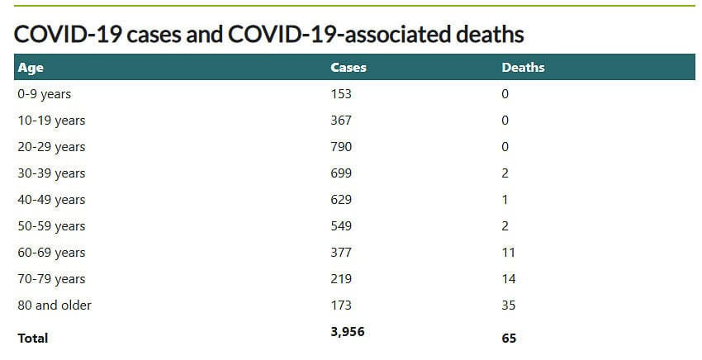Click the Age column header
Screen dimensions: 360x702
pyautogui.click(x=31, y=68)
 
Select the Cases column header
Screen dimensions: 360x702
pyautogui.click(x=348, y=68)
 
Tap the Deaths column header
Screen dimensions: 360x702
pyautogui.click(x=523, y=68)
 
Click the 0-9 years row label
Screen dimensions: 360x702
pyautogui.click(x=45, y=94)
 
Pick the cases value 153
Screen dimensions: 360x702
pyautogui.click(x=341, y=94)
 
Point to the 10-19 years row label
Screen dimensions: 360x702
pyautogui.click(x=51, y=121)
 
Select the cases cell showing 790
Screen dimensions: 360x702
pyautogui.click(x=341, y=147)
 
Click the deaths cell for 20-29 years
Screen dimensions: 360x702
pyautogui.click(x=505, y=147)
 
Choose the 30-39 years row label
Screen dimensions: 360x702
pyautogui.click(x=51, y=173)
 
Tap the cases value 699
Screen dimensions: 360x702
pyautogui.click(x=341, y=173)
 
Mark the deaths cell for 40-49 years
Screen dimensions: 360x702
pyautogui.click(x=505, y=200)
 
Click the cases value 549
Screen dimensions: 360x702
pyautogui.click(x=341, y=226)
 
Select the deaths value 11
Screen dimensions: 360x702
pyautogui.click(x=508, y=253)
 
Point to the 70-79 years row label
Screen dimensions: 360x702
pyautogui.click(x=51, y=279)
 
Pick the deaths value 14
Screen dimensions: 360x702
pyautogui.click(x=508, y=279)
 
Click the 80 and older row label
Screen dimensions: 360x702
pyautogui.click(x=55, y=306)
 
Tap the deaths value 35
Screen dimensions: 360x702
pyautogui.click(x=508, y=306)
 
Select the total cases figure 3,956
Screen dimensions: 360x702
pyautogui.click(x=347, y=332)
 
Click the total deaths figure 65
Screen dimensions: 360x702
pyautogui.click(x=509, y=338)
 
